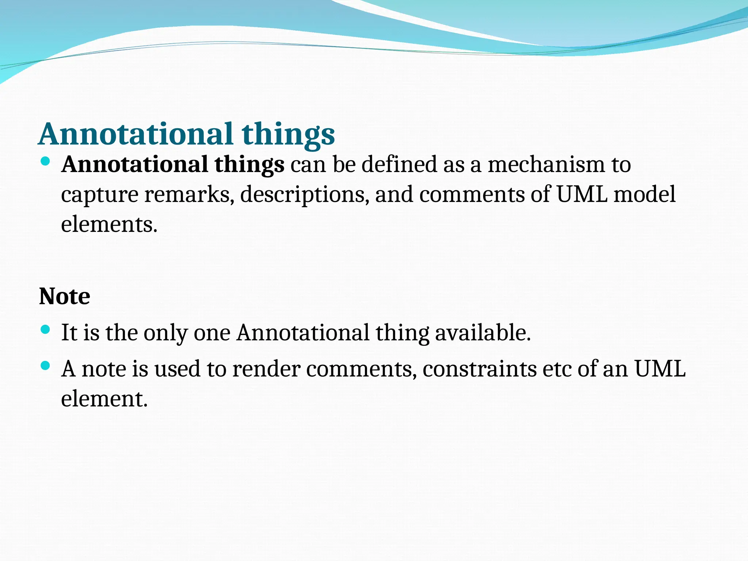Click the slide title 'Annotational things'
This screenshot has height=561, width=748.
coord(186,134)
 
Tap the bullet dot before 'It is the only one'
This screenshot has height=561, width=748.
coord(45,330)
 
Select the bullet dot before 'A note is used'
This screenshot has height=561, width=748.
coord(45,366)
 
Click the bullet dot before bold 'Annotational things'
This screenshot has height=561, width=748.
coord(45,161)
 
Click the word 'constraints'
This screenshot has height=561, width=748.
coord(480,369)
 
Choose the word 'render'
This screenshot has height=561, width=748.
coord(266,369)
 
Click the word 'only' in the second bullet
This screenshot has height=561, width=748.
coord(165,333)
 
